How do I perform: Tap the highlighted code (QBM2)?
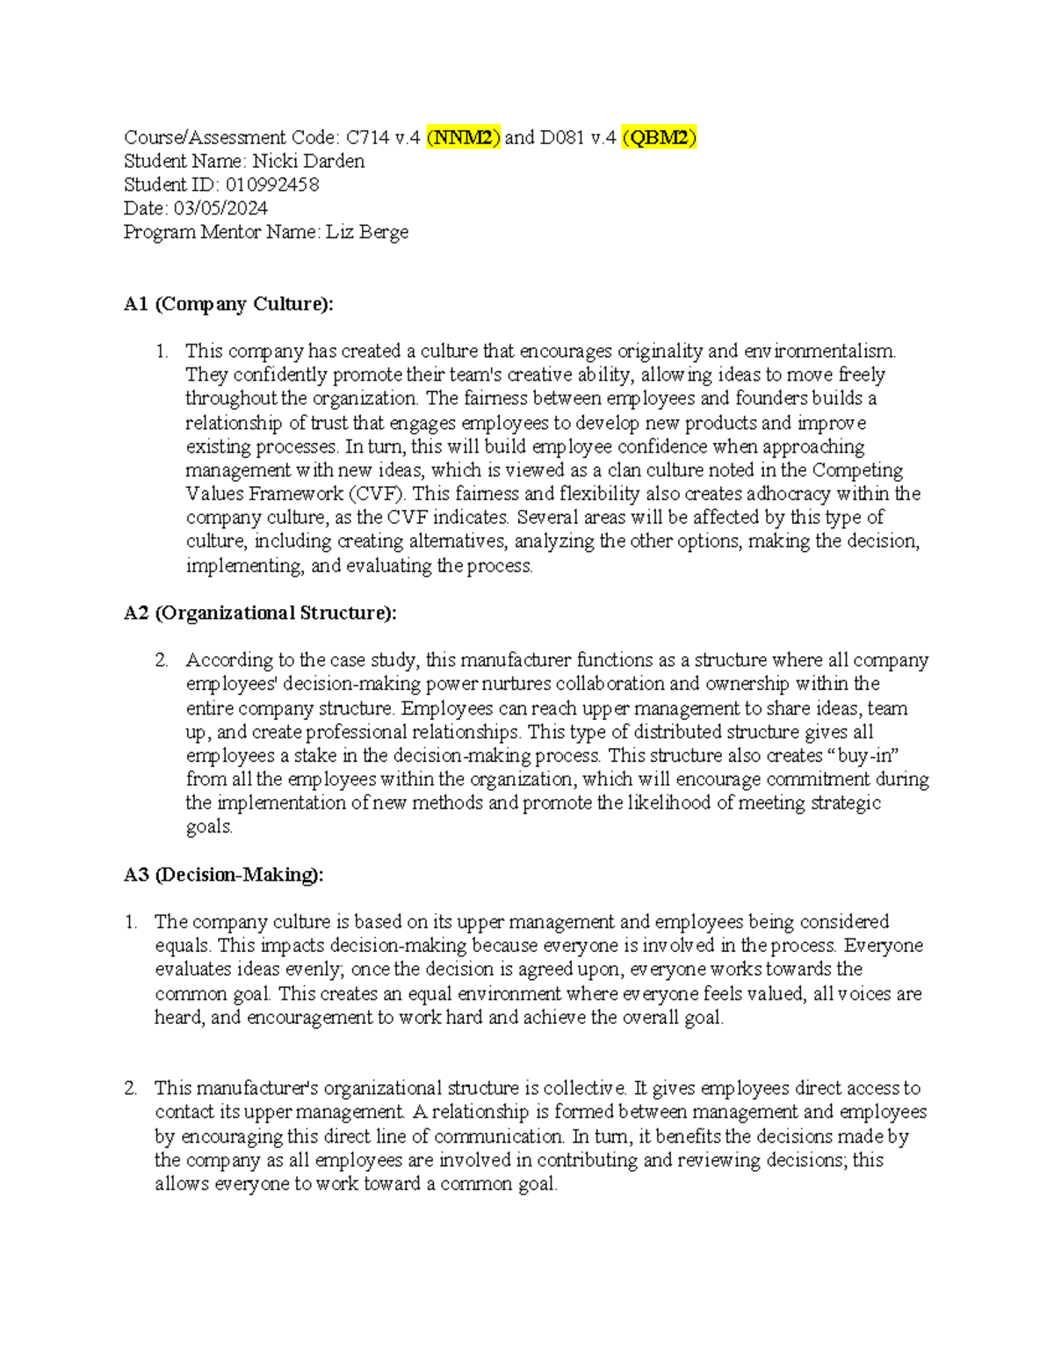click(x=659, y=137)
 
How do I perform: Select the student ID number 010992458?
click(x=272, y=185)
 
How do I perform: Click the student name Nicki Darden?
click(x=308, y=161)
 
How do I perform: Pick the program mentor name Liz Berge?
click(x=367, y=232)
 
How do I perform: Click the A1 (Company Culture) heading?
click(x=228, y=304)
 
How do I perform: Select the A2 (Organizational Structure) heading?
click(x=260, y=613)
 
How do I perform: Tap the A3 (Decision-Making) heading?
click(x=223, y=875)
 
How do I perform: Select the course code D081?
click(x=563, y=137)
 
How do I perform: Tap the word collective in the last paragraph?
click(x=584, y=1088)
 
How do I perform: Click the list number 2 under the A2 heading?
click(x=161, y=660)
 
